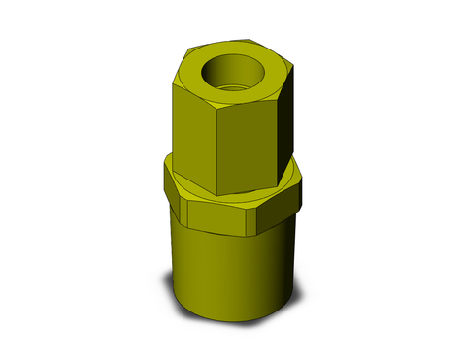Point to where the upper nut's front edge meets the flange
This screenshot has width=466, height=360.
tap(211, 191)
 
